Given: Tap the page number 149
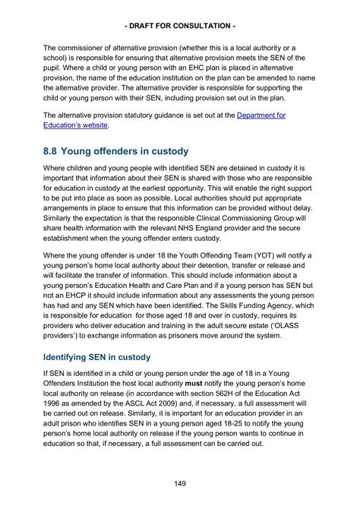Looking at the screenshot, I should [180, 483].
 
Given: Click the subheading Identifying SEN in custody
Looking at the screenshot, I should [96, 357].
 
